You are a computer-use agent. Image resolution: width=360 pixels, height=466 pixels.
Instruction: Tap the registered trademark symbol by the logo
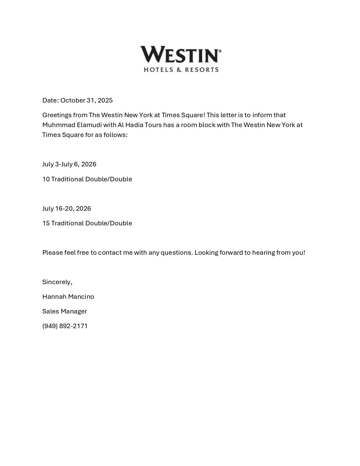tap(220, 51)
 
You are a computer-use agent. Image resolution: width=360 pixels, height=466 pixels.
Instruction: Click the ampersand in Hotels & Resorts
tap(179, 69)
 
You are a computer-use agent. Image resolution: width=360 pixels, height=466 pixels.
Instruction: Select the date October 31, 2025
tap(86, 100)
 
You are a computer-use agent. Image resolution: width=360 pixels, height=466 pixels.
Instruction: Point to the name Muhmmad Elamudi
tap(72, 125)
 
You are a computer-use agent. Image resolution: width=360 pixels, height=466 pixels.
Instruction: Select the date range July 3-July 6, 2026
tap(69, 164)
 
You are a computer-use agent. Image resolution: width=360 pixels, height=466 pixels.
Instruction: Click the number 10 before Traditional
tap(46, 179)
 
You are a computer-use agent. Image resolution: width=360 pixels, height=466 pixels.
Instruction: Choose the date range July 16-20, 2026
tap(67, 208)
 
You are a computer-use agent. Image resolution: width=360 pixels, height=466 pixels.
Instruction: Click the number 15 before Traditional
tap(46, 223)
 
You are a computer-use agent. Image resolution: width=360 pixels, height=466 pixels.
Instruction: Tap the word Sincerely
tap(57, 282)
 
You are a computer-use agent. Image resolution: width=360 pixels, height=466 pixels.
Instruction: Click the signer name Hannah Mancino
tap(68, 297)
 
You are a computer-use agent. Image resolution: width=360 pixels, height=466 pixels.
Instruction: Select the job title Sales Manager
tap(65, 311)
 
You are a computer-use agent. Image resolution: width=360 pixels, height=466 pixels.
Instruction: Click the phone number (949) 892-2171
tap(65, 326)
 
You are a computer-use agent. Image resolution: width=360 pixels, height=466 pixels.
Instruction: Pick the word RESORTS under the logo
tap(202, 69)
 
